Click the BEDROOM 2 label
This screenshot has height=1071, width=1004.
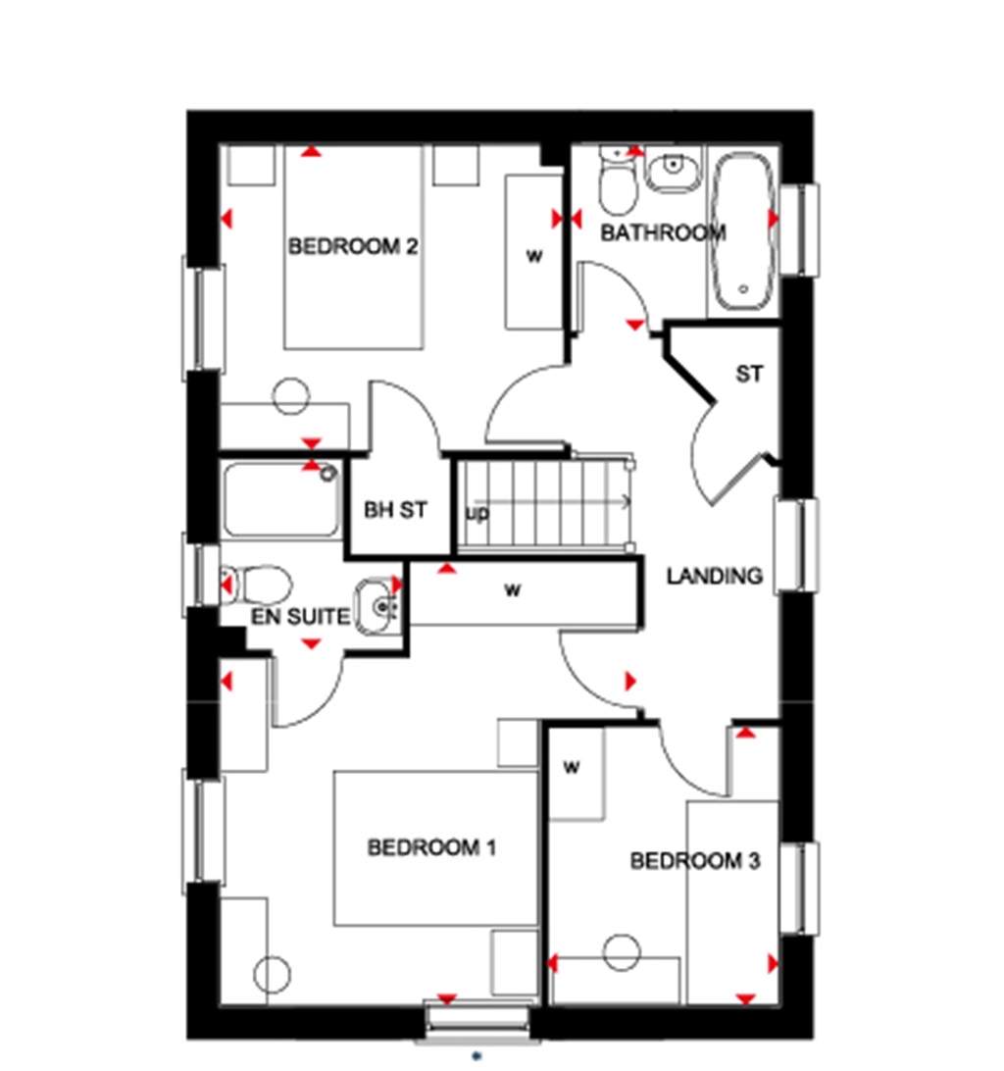pyautogui.click(x=353, y=246)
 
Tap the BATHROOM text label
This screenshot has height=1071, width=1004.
pyautogui.click(x=663, y=233)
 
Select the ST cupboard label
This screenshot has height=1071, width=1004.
pyautogui.click(x=749, y=374)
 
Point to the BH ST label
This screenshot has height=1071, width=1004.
pyautogui.click(x=395, y=510)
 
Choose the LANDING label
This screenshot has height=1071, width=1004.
pyautogui.click(x=714, y=576)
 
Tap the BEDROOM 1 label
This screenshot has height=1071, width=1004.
pyautogui.click(x=431, y=847)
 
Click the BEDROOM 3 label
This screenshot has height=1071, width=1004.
pyautogui.click(x=694, y=861)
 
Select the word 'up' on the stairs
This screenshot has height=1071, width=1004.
pyautogui.click(x=477, y=513)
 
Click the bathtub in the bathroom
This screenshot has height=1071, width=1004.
pyautogui.click(x=743, y=231)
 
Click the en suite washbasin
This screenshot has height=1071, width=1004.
pyautogui.click(x=377, y=606)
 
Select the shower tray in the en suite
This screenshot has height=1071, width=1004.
pyautogui.click(x=282, y=499)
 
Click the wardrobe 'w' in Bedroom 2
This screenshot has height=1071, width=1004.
pyautogui.click(x=534, y=256)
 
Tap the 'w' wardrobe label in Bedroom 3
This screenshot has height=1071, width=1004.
pyautogui.click(x=572, y=768)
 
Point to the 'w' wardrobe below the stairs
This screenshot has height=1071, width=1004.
pyautogui.click(x=511, y=590)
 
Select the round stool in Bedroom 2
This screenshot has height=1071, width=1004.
pyautogui.click(x=291, y=395)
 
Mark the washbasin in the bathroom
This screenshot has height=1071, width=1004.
pyautogui.click(x=673, y=173)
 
